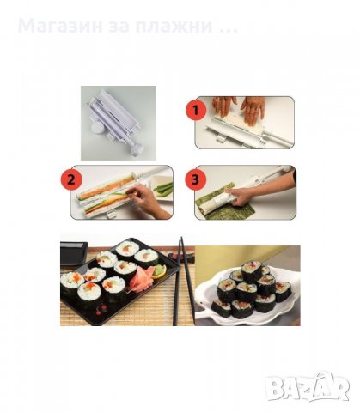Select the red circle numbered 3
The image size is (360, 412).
tap(196, 181)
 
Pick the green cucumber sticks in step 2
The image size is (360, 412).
tap(164, 188)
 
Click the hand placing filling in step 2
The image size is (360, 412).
tap(147, 203)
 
